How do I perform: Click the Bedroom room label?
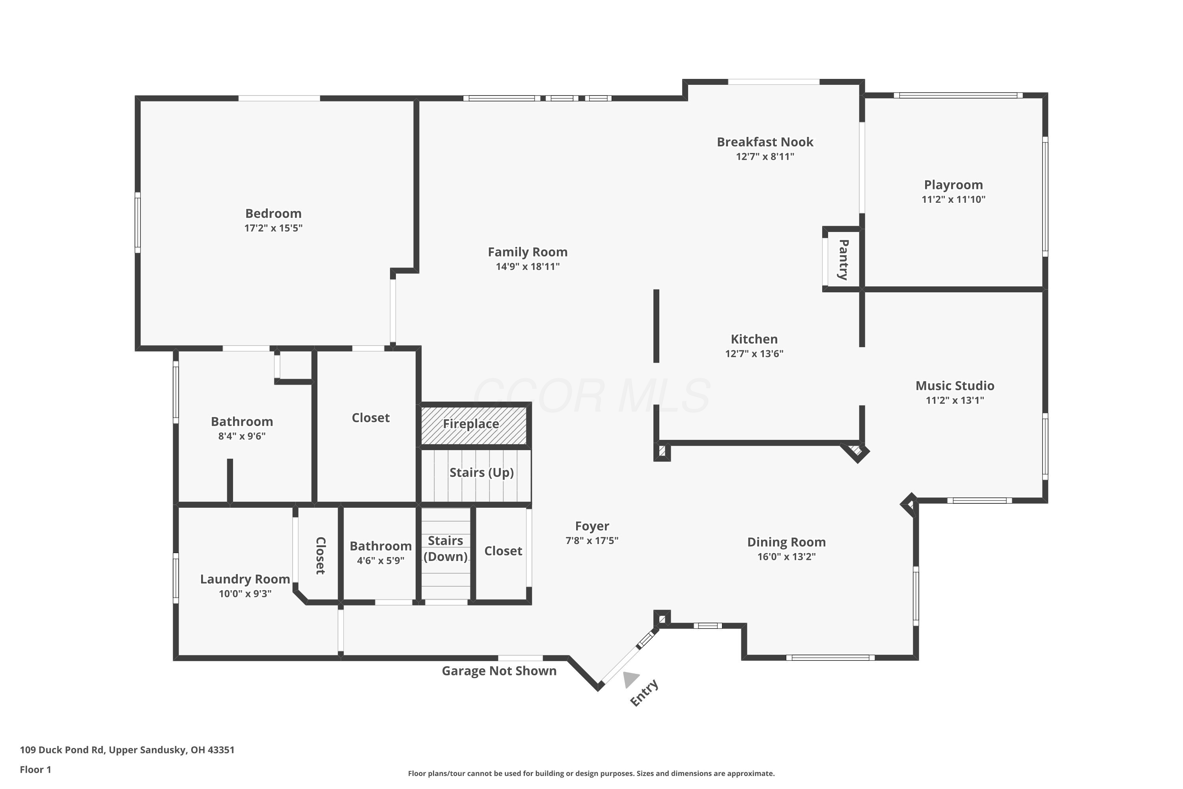tap(273, 213)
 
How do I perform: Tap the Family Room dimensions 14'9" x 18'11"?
tap(528, 266)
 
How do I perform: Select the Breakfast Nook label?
tap(765, 142)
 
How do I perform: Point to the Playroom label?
tap(953, 185)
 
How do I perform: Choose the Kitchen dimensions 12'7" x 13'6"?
tap(754, 353)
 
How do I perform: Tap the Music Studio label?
tap(955, 385)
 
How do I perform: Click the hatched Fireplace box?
tap(474, 425)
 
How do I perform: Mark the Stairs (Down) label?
tap(446, 548)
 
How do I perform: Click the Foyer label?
tap(592, 526)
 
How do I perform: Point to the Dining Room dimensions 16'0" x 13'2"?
tap(786, 557)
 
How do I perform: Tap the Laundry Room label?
tap(245, 579)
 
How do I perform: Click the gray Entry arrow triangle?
tap(630, 679)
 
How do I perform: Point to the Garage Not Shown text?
tap(499, 671)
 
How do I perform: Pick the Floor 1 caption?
tap(35, 769)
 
